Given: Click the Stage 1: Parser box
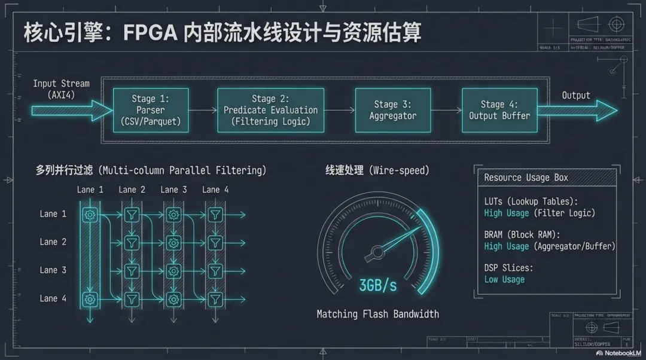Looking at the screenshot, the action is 151,110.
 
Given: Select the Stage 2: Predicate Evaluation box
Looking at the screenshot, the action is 270,110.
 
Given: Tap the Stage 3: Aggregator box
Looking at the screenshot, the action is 392,110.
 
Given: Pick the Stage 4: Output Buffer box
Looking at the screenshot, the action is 499,110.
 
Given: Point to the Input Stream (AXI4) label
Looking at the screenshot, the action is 61,89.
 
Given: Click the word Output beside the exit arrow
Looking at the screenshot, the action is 576,95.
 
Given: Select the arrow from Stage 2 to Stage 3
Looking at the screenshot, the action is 340,111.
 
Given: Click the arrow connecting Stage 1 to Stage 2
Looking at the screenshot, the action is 203,111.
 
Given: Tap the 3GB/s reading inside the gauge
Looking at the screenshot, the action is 377,285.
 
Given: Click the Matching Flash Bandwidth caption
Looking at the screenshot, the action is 377,314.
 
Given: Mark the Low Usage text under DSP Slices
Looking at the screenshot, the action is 504,279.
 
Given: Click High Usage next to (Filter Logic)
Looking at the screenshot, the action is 507,213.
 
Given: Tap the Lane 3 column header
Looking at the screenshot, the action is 173,190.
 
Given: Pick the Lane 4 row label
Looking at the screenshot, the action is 53,298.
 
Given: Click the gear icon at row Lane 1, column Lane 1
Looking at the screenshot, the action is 90,214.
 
